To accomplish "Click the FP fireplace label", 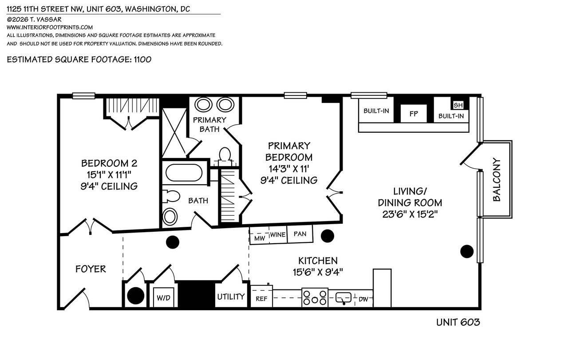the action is [414, 114].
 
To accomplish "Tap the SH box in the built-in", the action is [458, 105].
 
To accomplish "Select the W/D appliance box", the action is [164, 297].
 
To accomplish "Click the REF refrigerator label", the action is [261, 299].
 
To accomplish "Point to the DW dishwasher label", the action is [363, 299].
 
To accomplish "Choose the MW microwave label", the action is [260, 238].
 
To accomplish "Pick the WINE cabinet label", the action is [278, 235].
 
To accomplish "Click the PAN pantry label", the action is [300, 233].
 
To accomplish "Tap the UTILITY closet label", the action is [231, 297].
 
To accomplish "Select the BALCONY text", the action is [497, 180].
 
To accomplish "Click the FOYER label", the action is [91, 269].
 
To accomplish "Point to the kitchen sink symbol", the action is [343, 298].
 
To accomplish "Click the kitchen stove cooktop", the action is [315, 297].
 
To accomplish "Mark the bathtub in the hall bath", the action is [184, 173].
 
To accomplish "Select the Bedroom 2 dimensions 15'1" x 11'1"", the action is [109, 175].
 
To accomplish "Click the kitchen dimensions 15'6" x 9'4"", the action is [318, 273].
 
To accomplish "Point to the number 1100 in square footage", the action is [142, 59].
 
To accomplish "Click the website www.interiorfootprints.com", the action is [50, 28].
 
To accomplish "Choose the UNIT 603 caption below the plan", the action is [458, 322].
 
